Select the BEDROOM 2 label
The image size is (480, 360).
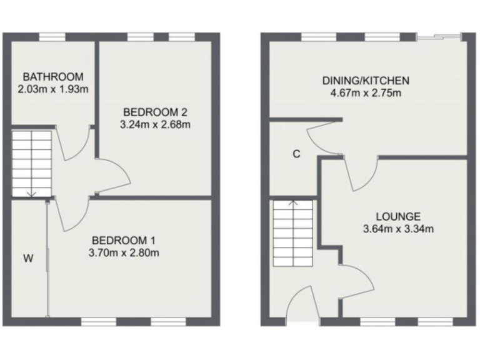tap(155, 112)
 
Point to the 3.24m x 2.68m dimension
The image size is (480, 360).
tap(155, 124)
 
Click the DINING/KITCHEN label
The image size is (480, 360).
tap(366, 81)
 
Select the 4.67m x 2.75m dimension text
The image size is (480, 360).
tap(366, 93)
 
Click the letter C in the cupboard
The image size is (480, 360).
tap(296, 153)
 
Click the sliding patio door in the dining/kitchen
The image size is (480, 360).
tap(440, 37)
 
